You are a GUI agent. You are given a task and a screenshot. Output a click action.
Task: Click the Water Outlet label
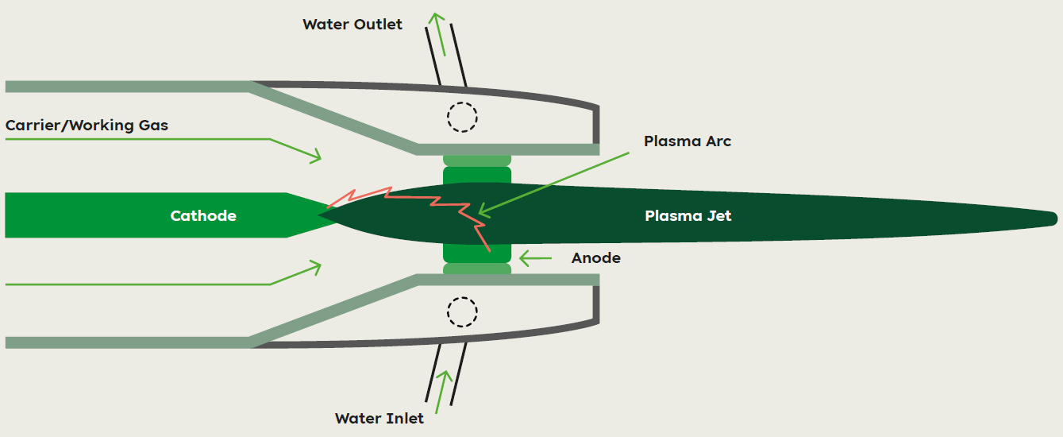pos(352,24)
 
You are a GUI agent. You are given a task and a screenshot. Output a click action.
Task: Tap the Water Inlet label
pos(379,419)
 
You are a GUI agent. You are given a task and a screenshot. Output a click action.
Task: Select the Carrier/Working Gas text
pos(87,126)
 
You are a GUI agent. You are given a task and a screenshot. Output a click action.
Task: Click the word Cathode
pos(203,215)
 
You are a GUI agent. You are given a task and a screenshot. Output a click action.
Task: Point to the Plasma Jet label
pos(688,215)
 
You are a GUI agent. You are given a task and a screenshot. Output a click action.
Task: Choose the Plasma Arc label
pos(687,141)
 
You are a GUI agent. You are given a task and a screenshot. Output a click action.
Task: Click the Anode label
pos(596,258)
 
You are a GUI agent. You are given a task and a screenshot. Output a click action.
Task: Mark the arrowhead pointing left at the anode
pos(524,258)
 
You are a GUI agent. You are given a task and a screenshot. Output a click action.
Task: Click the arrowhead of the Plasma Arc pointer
pos(483,211)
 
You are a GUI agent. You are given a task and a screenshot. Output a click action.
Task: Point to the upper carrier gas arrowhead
pos(317,156)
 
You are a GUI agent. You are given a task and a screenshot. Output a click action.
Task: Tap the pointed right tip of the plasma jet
pos(1057,219)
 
